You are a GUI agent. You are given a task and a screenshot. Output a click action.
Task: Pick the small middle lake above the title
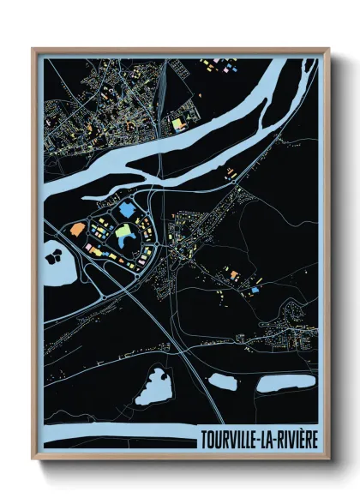click(224, 381)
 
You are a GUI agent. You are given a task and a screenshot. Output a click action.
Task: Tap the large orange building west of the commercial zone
click(77, 229)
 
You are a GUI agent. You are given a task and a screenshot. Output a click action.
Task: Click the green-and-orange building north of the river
click(179, 124)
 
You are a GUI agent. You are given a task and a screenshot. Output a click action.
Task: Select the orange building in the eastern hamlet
click(233, 274)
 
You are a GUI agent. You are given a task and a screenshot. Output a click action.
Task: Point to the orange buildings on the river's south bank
click(232, 177)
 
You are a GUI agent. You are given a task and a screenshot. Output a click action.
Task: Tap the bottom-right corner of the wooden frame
click(328, 459)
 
